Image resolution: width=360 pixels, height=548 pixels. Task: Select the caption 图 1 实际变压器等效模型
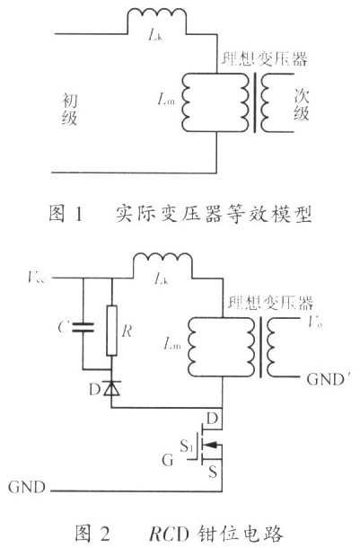[179, 215]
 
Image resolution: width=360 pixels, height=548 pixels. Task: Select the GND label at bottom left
[23, 488]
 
